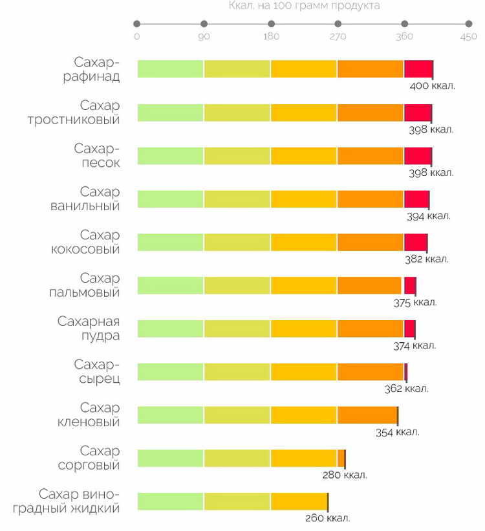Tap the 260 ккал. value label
[x=328, y=518]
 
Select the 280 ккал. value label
[x=345, y=475]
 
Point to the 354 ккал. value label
[x=397, y=432]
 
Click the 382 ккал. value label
[x=427, y=259]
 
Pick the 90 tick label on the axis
[x=204, y=36]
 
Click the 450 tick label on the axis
[x=469, y=36]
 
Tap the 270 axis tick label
[x=338, y=36]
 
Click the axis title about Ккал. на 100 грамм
[x=304, y=6]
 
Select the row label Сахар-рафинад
[x=96, y=69]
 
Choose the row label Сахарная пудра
[x=89, y=329]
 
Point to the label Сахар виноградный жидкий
[x=79, y=501]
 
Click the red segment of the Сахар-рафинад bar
[x=418, y=69]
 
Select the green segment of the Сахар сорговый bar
[x=170, y=458]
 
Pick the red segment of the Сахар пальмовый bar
[x=409, y=285]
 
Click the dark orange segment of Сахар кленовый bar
[x=367, y=415]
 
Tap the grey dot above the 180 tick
[x=271, y=24]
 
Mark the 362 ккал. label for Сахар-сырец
[x=406, y=389]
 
